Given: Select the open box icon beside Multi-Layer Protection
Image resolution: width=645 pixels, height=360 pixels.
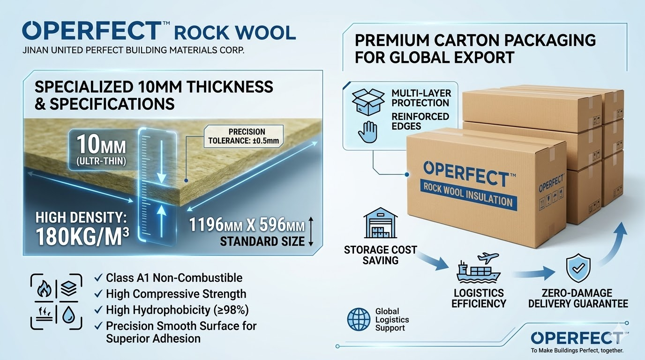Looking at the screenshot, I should click(x=367, y=100).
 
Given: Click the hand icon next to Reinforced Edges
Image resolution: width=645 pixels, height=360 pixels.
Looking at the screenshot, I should click(x=367, y=131).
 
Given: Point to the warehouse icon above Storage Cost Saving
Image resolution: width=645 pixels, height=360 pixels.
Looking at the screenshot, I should click(x=380, y=226).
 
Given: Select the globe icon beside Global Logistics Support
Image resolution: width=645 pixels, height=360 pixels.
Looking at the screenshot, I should click(x=359, y=320).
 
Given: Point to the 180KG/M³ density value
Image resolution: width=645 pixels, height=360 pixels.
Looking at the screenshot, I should click(x=82, y=237).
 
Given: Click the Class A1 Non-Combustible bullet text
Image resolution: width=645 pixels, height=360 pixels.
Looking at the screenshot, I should click(x=174, y=277).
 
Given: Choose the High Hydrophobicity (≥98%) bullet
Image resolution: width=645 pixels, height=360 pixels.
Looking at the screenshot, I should click(x=177, y=309).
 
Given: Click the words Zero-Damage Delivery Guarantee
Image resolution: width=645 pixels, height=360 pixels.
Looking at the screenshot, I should click(x=577, y=298).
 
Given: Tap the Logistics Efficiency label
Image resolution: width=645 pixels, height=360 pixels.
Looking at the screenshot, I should click(x=478, y=298).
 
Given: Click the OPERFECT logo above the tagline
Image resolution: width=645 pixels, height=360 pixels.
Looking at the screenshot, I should click(x=577, y=337).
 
